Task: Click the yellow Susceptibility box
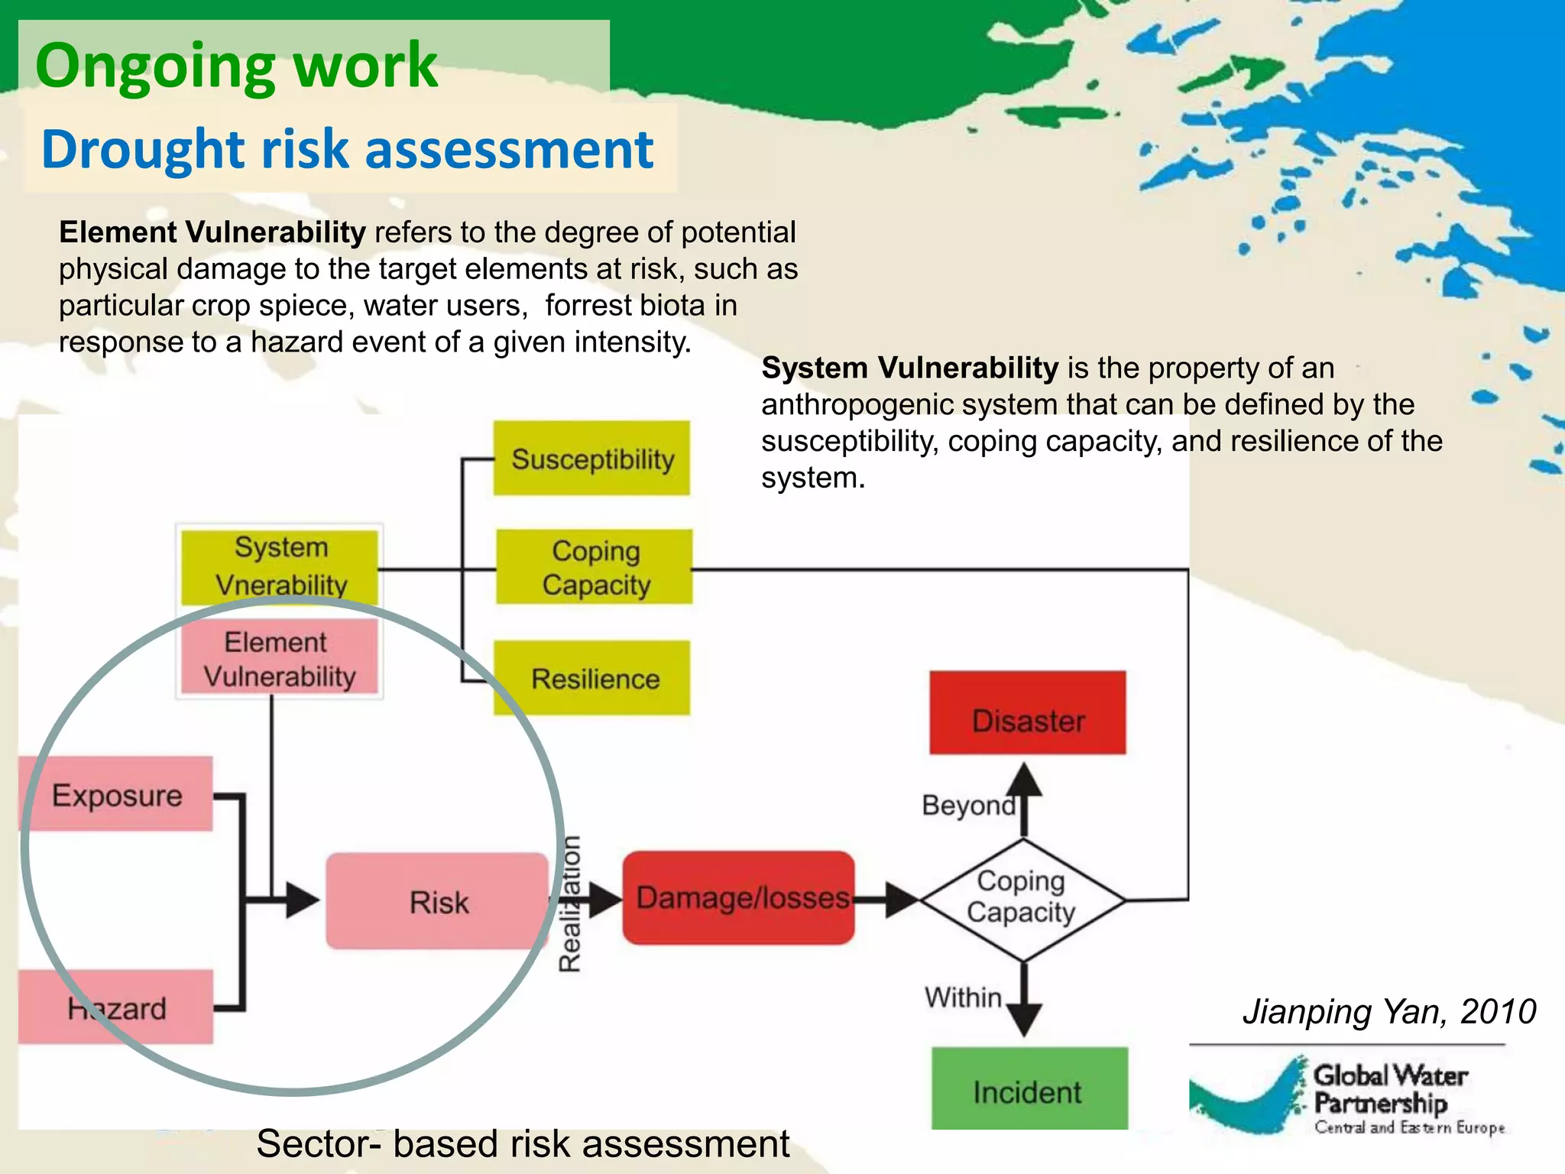pos(591,459)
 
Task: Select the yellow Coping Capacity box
pos(595,567)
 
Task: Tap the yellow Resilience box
pos(591,678)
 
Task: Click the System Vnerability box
pos(280,566)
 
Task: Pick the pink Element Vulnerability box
pos(280,658)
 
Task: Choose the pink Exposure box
pos(116,795)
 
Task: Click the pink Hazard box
pos(116,1008)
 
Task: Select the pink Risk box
pos(437,902)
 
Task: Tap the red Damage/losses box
pos(739,898)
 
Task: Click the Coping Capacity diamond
pos(1022,899)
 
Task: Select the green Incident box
pos(1029,1090)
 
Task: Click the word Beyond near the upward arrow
pos(967,806)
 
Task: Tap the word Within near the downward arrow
pos(963,997)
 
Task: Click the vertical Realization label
pos(570,903)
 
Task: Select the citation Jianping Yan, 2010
pos(1388,1012)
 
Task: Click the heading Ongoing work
pos(236,66)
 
